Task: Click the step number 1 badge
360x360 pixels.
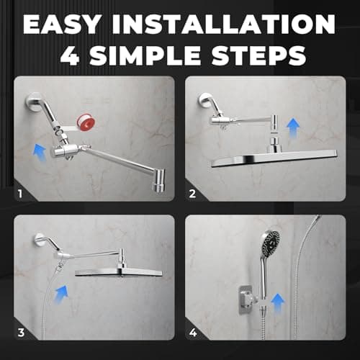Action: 22,192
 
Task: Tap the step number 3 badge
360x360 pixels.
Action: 22,332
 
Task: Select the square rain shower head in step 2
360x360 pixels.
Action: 274,158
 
